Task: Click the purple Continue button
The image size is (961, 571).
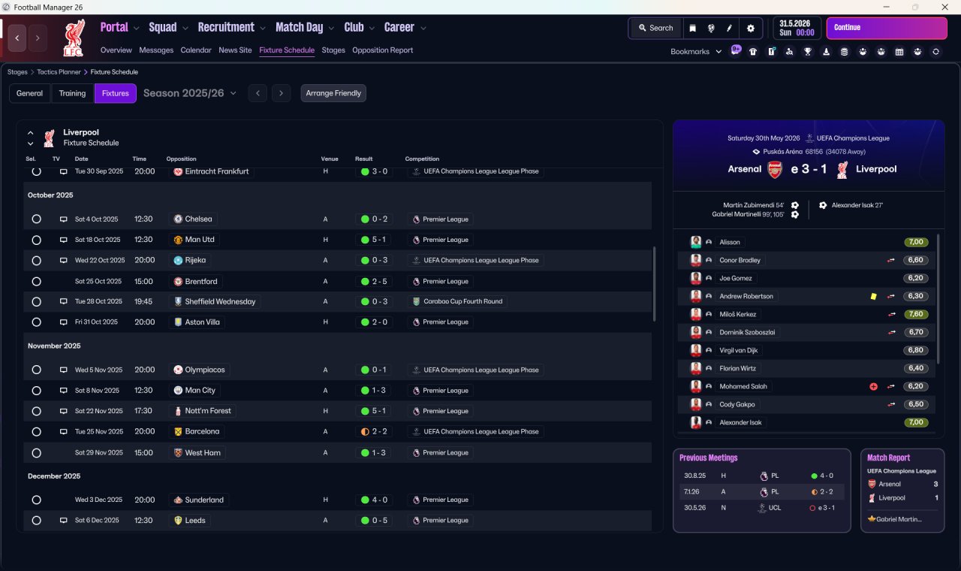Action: coord(886,28)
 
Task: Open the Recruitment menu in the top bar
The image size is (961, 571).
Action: coord(226,28)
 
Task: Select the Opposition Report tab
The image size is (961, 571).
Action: coord(382,50)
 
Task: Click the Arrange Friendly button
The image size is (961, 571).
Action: coord(333,93)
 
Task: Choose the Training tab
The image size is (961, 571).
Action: coord(72,93)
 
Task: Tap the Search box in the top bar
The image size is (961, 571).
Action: coord(655,28)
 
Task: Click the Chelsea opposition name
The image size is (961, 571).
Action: coord(198,219)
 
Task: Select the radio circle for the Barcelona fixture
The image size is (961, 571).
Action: coord(36,432)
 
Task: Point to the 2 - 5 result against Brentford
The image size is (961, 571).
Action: coord(379,282)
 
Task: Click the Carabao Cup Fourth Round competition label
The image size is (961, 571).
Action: coord(459,301)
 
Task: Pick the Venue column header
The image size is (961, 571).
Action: coord(330,159)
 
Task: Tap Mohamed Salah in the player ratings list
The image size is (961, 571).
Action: coord(743,387)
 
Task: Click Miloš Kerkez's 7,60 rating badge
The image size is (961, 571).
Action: coord(916,315)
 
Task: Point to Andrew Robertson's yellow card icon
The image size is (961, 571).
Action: coord(873,297)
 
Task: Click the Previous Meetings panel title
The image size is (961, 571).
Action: coord(708,458)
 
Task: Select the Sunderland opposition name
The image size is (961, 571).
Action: coord(203,500)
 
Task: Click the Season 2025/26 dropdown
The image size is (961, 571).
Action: coord(189,93)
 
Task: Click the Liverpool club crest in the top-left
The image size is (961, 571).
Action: coord(74,38)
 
